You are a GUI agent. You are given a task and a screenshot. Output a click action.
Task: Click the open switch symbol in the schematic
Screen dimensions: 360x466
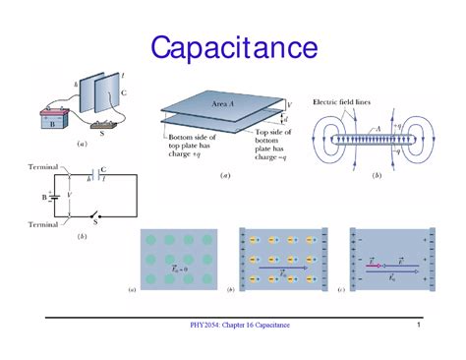pyautogui.click(x=95, y=215)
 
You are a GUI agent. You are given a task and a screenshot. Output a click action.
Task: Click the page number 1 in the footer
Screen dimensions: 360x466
pyautogui.click(x=420, y=326)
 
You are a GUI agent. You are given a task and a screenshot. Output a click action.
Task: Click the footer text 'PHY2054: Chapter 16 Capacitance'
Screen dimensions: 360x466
pyautogui.click(x=240, y=326)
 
